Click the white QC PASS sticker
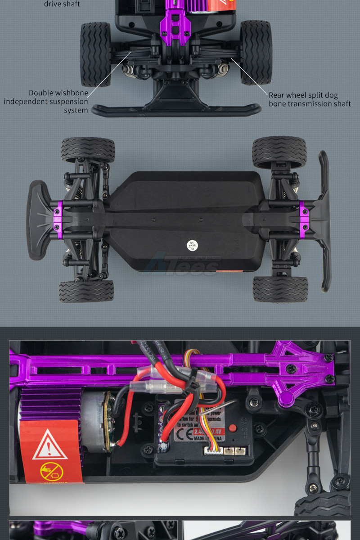[x=193, y=245]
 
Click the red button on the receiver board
[x=233, y=428]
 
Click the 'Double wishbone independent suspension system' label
[x=46, y=101]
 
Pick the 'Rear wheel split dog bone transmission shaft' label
[x=310, y=99]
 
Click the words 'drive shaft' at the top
[x=62, y=4]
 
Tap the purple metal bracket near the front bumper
[x=58, y=216]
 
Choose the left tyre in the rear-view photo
[x=95, y=54]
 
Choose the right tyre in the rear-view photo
[x=256, y=52]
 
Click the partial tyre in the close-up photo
[x=322, y=504]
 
